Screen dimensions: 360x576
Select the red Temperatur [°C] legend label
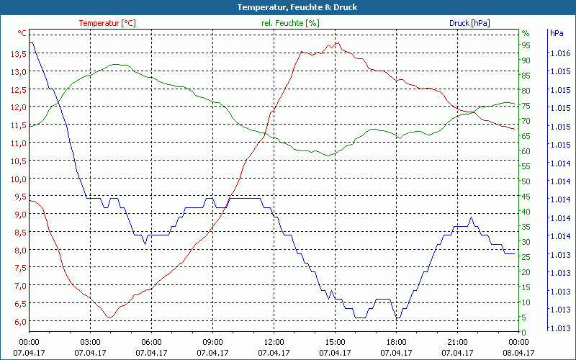click(107, 23)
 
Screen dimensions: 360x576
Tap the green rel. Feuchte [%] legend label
click(289, 23)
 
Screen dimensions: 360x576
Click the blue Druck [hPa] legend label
click(469, 23)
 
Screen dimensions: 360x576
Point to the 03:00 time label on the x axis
click(91, 342)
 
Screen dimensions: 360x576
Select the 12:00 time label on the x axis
click(274, 342)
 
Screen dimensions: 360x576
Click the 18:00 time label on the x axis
click(397, 342)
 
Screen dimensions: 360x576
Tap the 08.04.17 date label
click(519, 353)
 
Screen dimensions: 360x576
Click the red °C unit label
click(22, 33)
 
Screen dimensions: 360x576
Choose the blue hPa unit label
click(557, 33)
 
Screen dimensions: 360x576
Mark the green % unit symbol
click(525, 33)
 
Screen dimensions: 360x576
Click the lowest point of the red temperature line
click(109, 318)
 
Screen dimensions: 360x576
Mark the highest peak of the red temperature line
click(336, 42)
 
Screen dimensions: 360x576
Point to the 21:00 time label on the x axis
click(458, 342)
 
